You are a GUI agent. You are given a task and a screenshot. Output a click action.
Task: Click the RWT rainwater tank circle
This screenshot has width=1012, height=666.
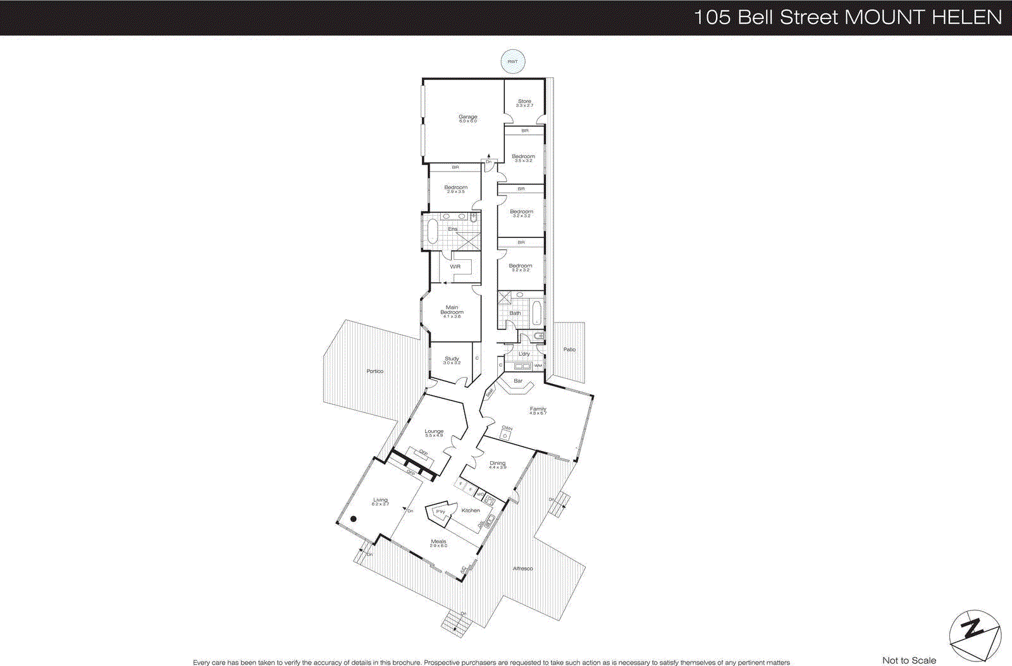coord(512,61)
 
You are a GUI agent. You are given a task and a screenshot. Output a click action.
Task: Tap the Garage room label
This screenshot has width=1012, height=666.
coord(468,117)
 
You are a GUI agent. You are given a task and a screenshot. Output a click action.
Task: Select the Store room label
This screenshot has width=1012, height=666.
coord(524,101)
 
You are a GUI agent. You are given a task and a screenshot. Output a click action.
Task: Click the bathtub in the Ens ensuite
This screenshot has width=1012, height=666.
coord(433,231)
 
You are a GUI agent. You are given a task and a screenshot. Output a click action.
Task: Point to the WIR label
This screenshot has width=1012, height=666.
coord(455,267)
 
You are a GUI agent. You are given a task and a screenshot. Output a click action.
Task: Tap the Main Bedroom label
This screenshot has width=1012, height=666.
coord(452,310)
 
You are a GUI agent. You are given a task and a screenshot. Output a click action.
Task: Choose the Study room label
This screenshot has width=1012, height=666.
coord(452,359)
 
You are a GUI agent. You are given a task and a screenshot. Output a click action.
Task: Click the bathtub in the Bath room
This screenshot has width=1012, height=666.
coord(536,313)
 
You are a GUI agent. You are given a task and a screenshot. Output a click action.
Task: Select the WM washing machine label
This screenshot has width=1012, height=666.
coord(538,366)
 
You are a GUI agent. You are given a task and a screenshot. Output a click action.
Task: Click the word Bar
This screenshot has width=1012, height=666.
coord(518,381)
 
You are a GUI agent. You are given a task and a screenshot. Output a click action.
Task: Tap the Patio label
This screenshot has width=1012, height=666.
coord(569,349)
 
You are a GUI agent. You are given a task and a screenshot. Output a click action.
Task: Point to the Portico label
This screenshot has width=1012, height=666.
coord(374,371)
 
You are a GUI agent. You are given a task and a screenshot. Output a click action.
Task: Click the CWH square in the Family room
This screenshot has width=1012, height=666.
coord(505,436)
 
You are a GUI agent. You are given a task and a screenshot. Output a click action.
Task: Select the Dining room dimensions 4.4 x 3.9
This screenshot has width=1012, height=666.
coord(498,467)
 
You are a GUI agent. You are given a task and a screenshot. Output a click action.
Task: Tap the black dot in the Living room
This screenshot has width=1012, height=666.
coord(354,519)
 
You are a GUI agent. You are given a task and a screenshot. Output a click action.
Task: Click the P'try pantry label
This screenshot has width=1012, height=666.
coord(440,512)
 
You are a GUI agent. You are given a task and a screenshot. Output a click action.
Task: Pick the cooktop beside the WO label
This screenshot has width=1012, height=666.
coord(490,499)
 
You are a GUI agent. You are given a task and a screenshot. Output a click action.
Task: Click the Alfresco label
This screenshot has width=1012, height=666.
coord(522,569)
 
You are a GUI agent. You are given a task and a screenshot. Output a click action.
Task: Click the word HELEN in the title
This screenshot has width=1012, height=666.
coord(967,17)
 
